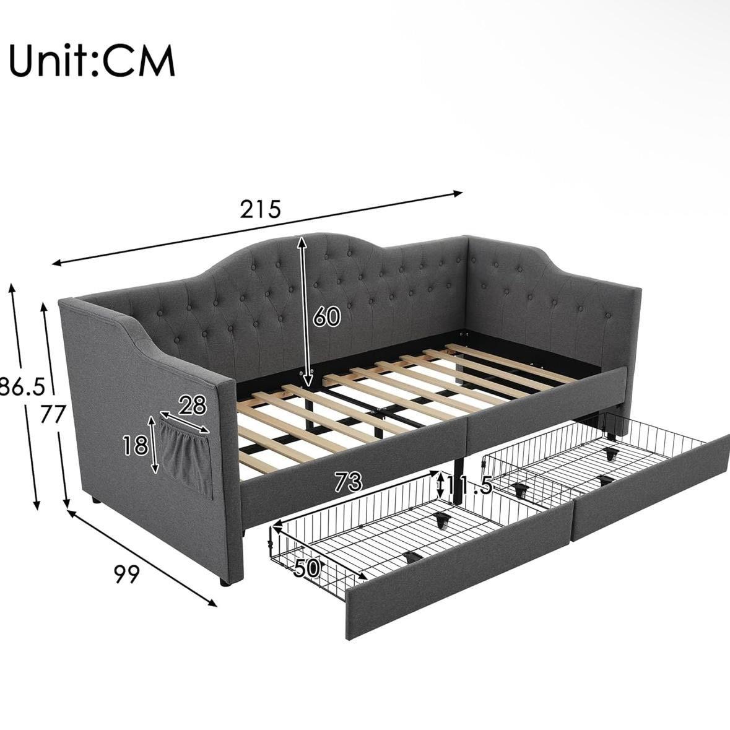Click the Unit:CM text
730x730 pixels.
click(92, 61)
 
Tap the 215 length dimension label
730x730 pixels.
click(261, 209)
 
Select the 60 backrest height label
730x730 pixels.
click(326, 316)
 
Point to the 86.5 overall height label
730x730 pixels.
click(22, 386)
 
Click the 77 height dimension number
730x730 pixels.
click(52, 414)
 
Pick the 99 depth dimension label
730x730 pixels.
click(127, 574)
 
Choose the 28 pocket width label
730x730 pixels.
click(193, 405)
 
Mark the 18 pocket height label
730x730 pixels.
click(136, 446)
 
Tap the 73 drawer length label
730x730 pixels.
click(348, 482)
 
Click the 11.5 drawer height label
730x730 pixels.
click(469, 485)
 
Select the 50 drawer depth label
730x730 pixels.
click(307, 568)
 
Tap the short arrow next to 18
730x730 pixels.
click(153, 445)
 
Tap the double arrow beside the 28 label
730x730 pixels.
click(185, 422)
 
